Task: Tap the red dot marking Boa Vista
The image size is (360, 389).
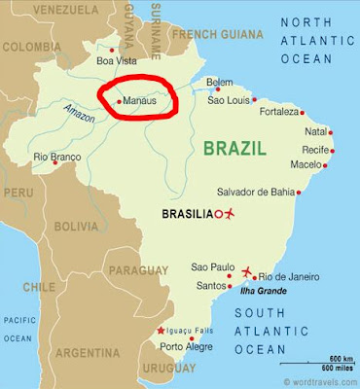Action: pos(113,51)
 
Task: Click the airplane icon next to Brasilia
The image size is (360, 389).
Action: pos(232,213)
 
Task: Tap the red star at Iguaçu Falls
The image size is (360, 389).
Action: pos(162,332)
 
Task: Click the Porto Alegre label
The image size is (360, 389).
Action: pos(186,345)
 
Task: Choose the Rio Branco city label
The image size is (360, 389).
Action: pos(55,156)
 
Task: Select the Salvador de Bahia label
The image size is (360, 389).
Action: pos(256,190)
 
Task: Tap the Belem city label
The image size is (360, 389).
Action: pos(220,84)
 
